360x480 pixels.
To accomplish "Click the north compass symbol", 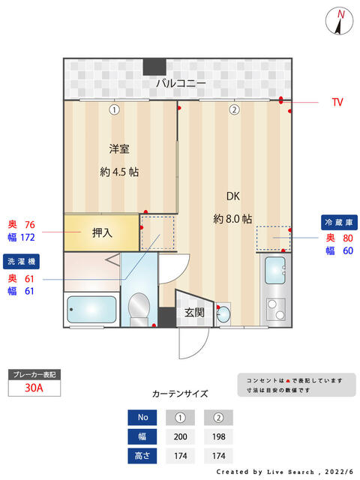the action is [x=339, y=21].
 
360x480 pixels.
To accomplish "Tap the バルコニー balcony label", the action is [x=181, y=83].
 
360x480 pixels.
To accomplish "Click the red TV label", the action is [x=337, y=102].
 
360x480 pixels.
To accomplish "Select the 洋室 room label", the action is [x=119, y=149].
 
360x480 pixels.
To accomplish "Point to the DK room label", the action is [x=233, y=196].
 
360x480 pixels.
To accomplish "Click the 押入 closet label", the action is [x=102, y=233].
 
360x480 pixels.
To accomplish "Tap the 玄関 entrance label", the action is [x=194, y=313].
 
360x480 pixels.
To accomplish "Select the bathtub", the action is [x=91, y=310].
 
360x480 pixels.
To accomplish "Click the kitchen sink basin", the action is [x=275, y=270].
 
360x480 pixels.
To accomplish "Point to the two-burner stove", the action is [x=276, y=310].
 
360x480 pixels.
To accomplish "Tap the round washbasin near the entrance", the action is [x=223, y=313].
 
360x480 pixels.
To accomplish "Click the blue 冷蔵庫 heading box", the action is [x=339, y=223].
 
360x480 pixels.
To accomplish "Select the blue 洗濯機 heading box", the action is [x=21, y=262].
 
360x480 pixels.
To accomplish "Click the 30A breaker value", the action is [x=34, y=388].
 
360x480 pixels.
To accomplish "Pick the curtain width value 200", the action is [x=180, y=436].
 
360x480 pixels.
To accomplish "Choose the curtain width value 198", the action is [x=218, y=436].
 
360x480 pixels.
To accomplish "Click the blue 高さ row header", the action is [x=142, y=456].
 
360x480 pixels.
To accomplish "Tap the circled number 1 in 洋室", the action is [x=114, y=109].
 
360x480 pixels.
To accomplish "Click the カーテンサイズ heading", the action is [x=180, y=394].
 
